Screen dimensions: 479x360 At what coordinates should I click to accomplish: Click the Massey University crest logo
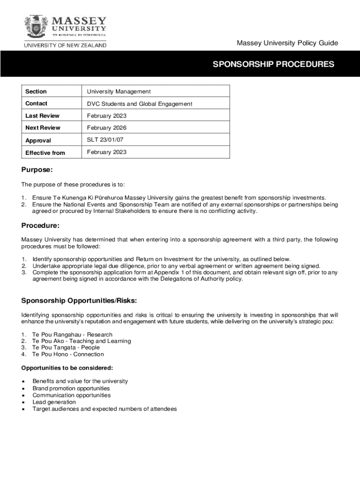coord(37,26)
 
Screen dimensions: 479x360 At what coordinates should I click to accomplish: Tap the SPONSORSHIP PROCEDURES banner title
coord(274,64)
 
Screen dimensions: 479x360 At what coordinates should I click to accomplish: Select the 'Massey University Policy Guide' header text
coord(287,43)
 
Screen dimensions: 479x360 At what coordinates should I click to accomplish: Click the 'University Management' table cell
coord(119,92)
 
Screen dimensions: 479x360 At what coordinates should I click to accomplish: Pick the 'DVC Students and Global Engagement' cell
coord(139,104)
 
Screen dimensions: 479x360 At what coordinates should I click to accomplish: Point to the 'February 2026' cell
coord(107,128)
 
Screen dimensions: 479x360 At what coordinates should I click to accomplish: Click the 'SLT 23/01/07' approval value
coord(105,140)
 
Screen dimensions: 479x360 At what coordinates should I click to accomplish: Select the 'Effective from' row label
coord(45,152)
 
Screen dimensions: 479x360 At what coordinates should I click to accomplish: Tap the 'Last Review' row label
coord(43,116)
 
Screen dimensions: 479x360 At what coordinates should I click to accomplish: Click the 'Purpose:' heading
coord(37,170)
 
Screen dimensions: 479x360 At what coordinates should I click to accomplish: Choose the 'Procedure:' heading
coord(41,226)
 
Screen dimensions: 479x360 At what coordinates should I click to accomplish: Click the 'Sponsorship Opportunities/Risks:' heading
coord(79,300)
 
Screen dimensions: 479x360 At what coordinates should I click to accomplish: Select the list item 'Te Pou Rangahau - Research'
coord(72,334)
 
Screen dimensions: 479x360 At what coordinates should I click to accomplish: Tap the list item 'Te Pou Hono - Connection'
coord(68,354)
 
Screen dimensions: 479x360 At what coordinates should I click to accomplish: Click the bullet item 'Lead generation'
coord(54,402)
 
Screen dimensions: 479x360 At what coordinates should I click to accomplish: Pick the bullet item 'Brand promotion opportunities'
coord(71,388)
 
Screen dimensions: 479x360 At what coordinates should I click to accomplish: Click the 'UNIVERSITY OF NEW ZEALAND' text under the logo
coord(65,45)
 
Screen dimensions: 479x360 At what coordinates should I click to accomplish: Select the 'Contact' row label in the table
coord(36,103)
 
